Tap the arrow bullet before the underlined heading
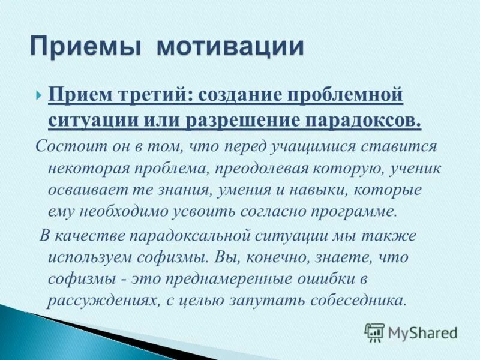point(38,95)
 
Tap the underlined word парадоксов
point(360,119)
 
